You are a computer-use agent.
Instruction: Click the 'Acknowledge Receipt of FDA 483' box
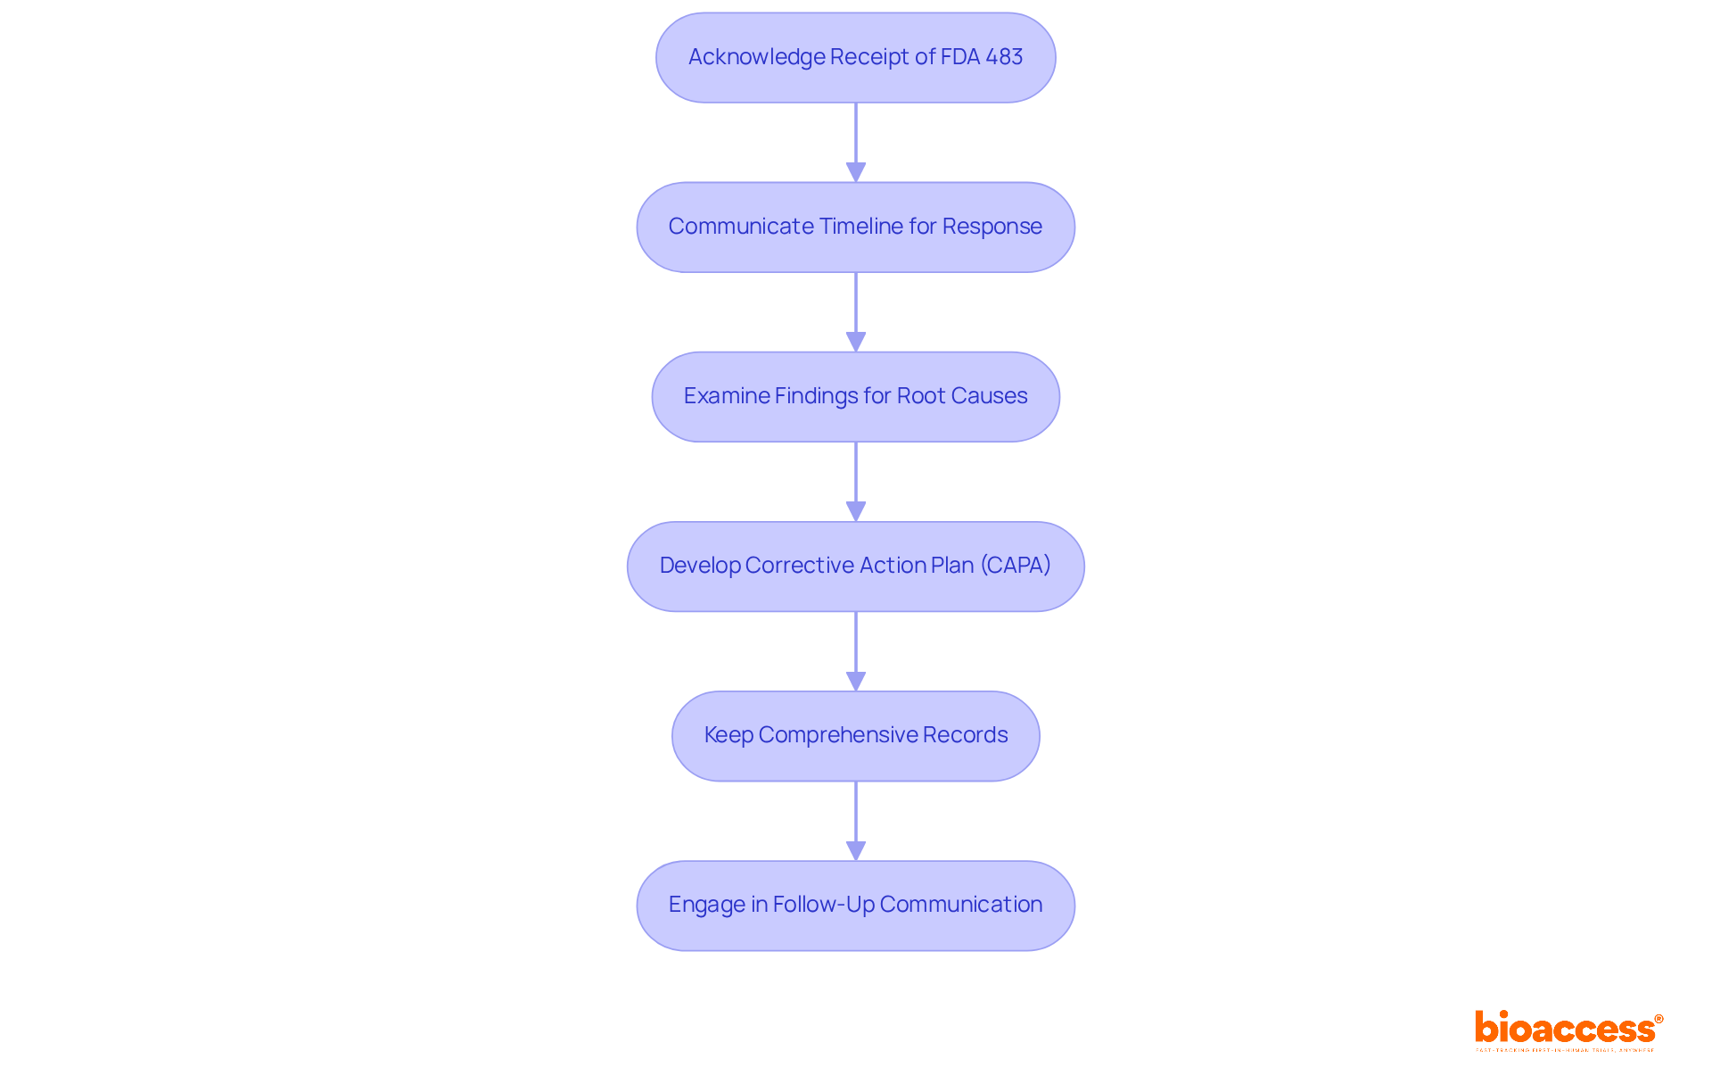tap(855, 58)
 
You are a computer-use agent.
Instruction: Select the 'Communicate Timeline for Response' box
tap(855, 228)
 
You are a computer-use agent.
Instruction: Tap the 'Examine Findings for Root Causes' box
tap(855, 397)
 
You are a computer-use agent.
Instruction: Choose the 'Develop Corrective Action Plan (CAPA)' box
tap(855, 567)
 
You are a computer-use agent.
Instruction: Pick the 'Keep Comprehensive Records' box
tap(855, 736)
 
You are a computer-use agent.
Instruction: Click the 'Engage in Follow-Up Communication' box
tap(855, 906)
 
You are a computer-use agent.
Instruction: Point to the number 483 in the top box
tap(1004, 57)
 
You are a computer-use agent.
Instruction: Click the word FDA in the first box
tap(960, 57)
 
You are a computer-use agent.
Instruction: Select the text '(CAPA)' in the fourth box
tap(1016, 566)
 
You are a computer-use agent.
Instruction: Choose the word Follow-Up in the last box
tap(824, 905)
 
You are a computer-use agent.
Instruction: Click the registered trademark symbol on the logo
tap(1658, 1019)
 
